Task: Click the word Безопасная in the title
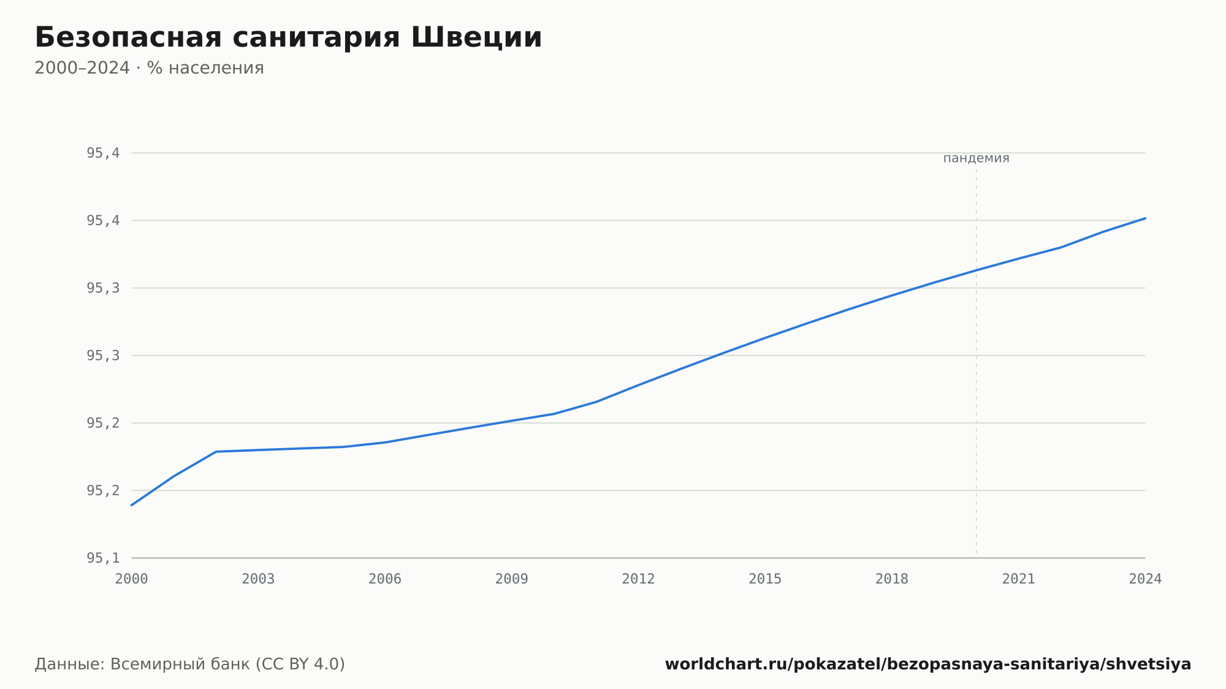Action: pos(128,37)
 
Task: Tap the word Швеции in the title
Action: pos(476,37)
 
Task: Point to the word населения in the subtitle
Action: pos(216,69)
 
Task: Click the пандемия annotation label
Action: pos(976,158)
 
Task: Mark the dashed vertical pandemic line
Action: pos(977,361)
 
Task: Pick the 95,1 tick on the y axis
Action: pos(103,558)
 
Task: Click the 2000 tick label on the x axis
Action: pos(132,579)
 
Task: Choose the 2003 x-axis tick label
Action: pos(258,579)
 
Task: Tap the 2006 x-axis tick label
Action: pos(385,579)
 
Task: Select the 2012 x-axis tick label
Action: pos(639,579)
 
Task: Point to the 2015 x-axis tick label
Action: pos(765,579)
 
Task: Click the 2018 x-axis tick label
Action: pos(892,579)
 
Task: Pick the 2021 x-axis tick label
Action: pos(1019,579)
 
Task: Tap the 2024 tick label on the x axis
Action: pos(1145,579)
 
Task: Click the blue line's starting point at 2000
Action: pos(132,505)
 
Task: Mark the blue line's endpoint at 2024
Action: pos(1145,218)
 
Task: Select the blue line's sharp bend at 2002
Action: pos(216,452)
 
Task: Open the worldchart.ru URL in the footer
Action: pos(928,664)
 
